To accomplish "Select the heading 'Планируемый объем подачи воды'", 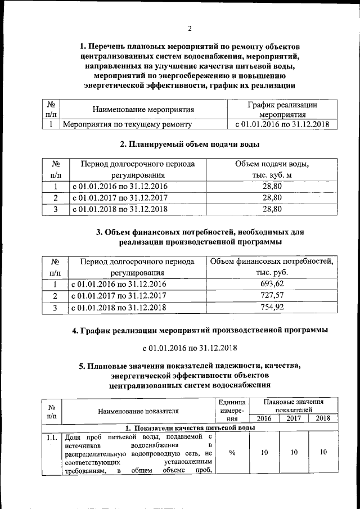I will point(190,144).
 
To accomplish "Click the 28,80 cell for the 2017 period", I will point(272,198).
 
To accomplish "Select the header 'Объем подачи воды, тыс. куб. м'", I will point(272,169).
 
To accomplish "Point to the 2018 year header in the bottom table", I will point(323,418).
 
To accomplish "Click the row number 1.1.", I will point(52,438).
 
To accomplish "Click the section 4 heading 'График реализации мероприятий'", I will point(200,330).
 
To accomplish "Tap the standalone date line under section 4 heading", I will point(190,348).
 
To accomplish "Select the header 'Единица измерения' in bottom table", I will point(232,411).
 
